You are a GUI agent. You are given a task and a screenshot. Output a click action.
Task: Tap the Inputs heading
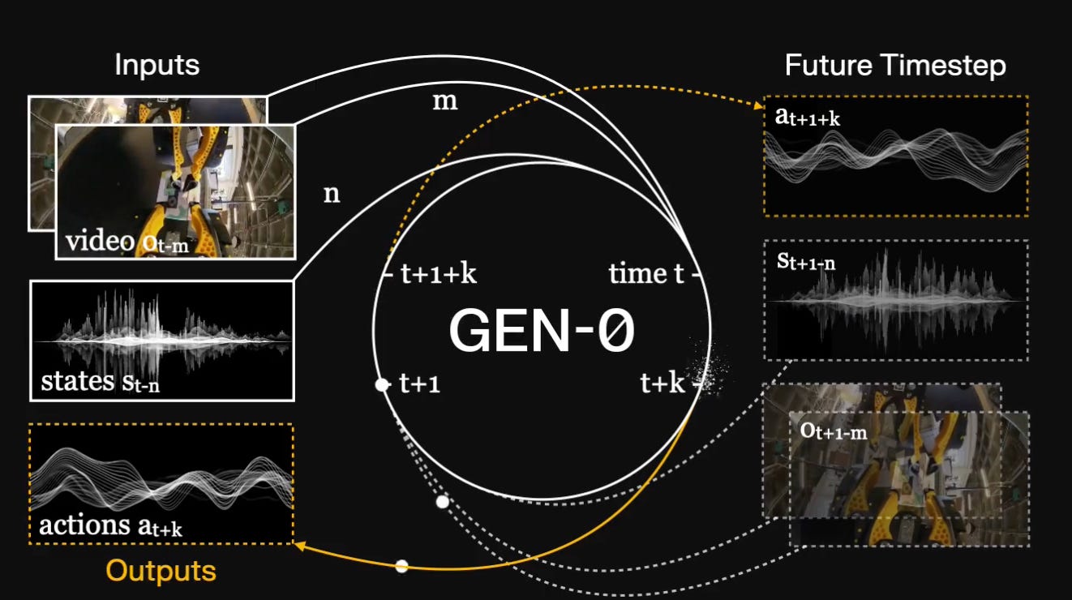pos(157,65)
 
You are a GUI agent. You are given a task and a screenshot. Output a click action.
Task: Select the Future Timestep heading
pos(895,65)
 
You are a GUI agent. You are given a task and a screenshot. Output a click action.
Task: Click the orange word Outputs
pos(161,571)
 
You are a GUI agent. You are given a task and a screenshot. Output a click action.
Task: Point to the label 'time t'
pos(646,274)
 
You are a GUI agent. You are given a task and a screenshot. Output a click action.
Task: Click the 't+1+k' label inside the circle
pos(438,274)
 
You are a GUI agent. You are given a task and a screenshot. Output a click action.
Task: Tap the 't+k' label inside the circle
pos(662,384)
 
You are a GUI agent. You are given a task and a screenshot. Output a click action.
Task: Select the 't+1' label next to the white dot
pos(420,384)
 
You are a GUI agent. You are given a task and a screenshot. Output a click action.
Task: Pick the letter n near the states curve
pos(332,195)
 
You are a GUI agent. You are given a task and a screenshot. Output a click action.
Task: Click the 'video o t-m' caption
pos(127,241)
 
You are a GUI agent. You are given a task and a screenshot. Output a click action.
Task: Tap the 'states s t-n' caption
pos(100,381)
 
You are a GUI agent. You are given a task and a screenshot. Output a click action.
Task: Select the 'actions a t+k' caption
pos(110,525)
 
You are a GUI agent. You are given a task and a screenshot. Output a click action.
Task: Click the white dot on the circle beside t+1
pos(382,385)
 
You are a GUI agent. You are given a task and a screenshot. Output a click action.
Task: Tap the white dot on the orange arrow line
pos(401,566)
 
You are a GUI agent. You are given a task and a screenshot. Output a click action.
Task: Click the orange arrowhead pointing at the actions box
pos(300,546)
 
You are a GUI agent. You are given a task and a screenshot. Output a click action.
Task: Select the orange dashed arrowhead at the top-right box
pos(758,104)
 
